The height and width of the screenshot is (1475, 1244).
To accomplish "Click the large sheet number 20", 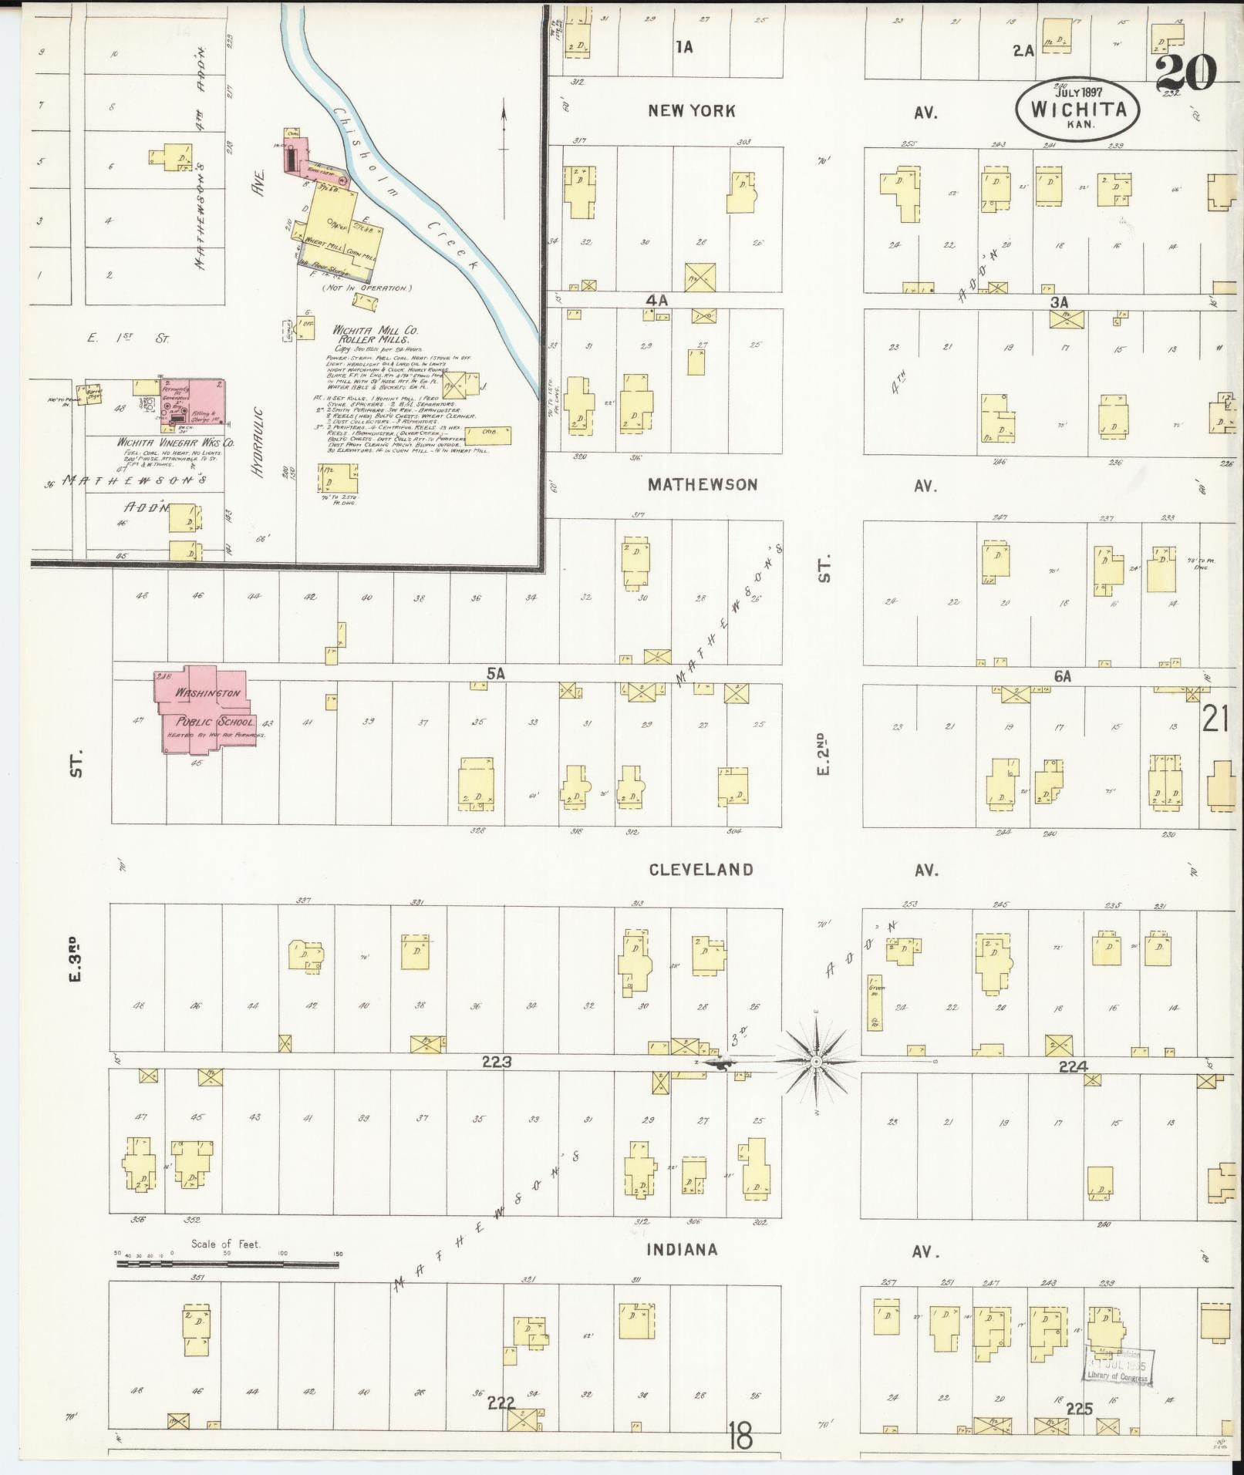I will [x=1185, y=74].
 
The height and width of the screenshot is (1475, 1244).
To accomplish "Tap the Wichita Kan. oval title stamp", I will [x=1078, y=109].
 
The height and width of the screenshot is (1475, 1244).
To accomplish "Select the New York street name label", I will [x=691, y=111].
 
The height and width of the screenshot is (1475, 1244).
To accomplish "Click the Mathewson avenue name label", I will [x=703, y=485].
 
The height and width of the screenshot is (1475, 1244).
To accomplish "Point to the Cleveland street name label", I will [x=700, y=870].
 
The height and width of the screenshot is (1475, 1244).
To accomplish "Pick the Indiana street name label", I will [x=682, y=1250].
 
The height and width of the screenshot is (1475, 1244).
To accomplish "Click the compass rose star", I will [x=816, y=1062].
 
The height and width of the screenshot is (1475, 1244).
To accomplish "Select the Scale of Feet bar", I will [x=228, y=1265].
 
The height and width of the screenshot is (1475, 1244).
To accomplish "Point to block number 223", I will [x=497, y=1062].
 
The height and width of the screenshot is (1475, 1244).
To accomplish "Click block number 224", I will [x=1074, y=1066].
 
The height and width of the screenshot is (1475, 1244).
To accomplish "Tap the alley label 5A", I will [x=495, y=674].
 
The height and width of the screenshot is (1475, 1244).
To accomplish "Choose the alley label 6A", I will [x=1063, y=676].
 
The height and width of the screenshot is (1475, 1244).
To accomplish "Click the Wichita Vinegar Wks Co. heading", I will [x=175, y=443].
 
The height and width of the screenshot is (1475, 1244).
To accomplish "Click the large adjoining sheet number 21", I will [x=1215, y=720].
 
